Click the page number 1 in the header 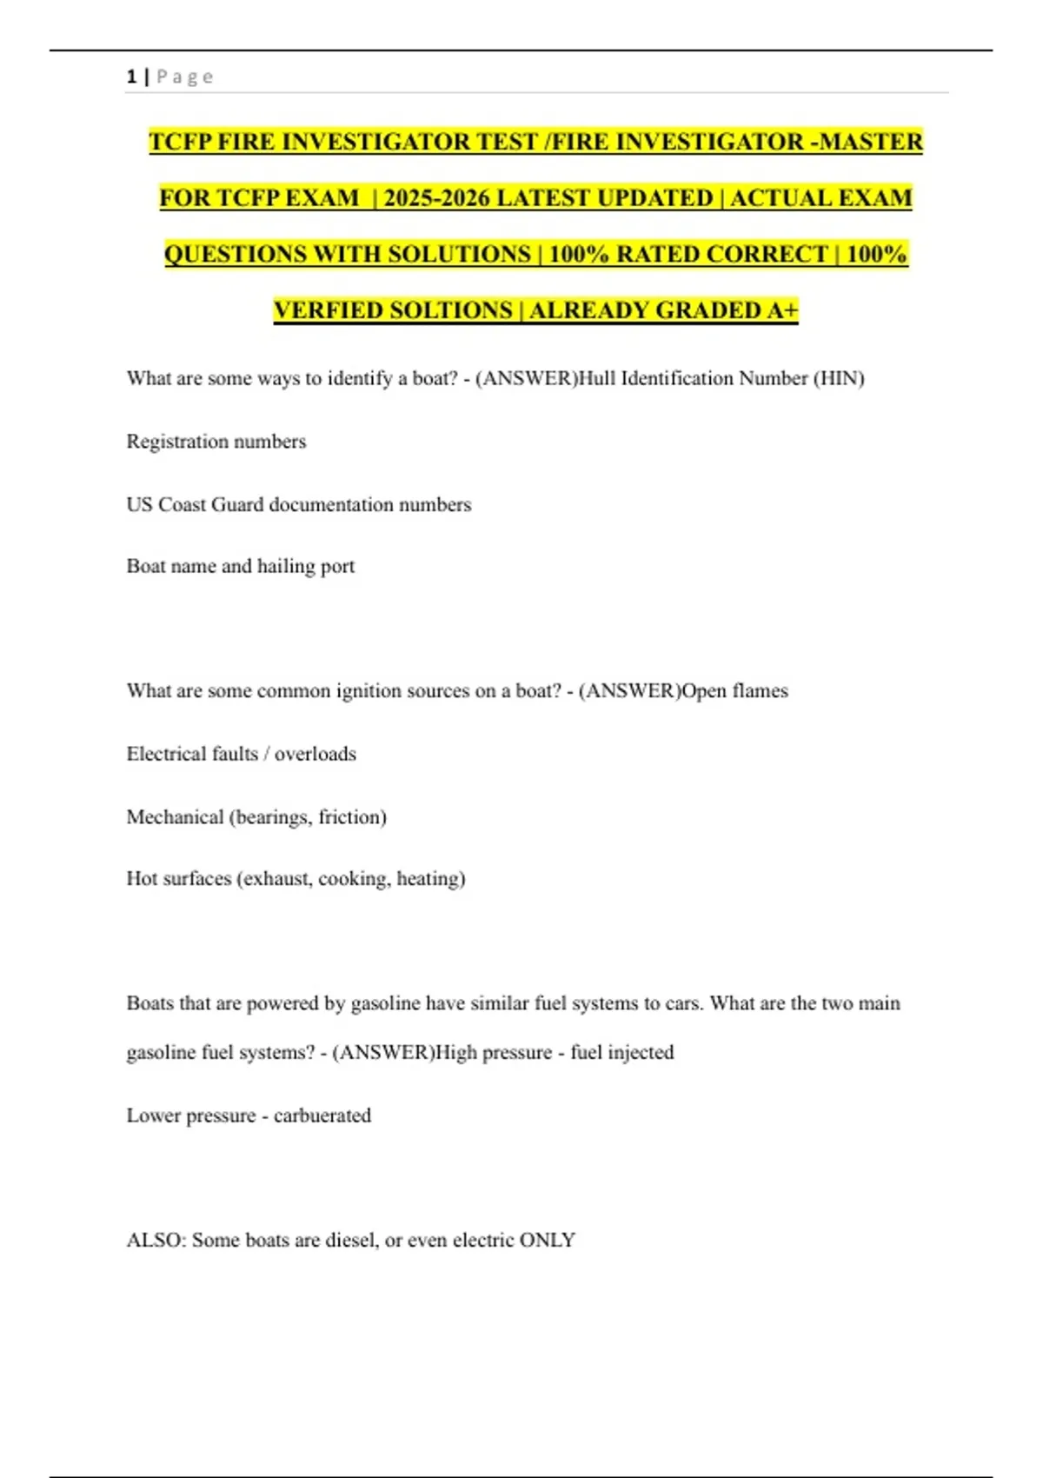131,77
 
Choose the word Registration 169,442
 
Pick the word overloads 316,754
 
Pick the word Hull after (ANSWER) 596,378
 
